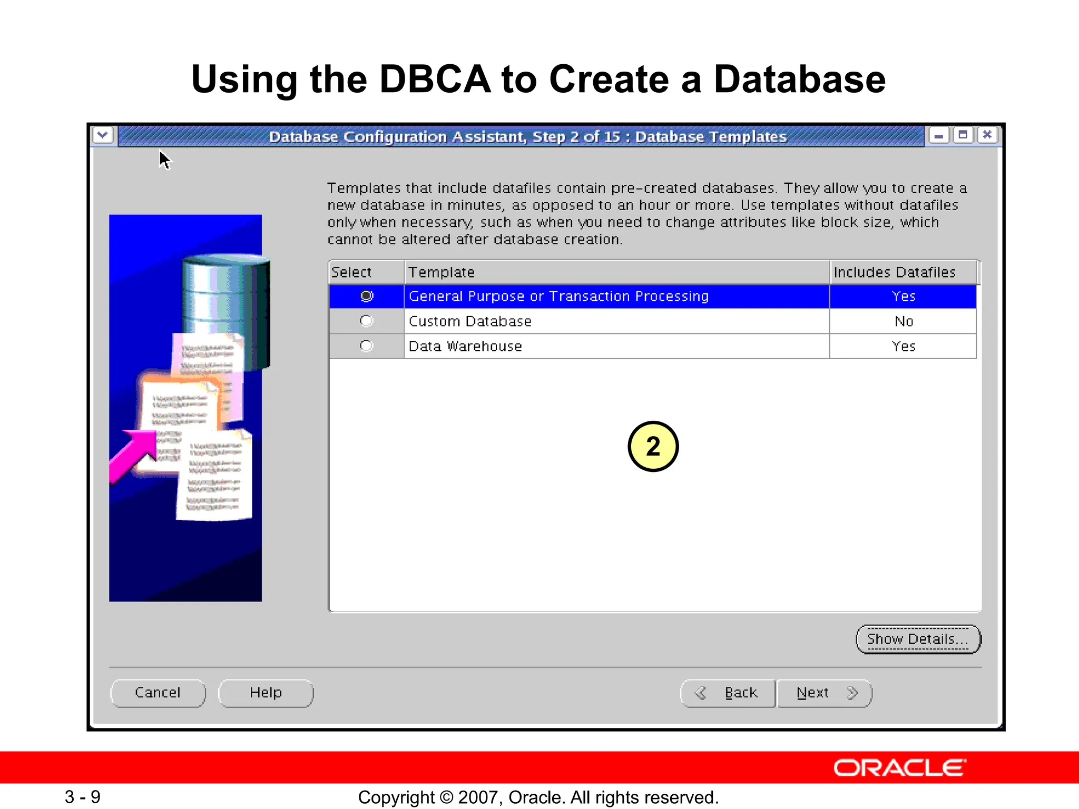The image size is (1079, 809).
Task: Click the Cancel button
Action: pos(158,693)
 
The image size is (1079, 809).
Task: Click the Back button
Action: pos(728,693)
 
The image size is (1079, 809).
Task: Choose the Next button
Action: pos(824,693)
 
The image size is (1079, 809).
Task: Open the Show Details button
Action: pos(918,639)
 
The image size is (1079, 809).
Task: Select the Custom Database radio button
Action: pos(366,321)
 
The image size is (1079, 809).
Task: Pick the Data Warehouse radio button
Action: pos(366,346)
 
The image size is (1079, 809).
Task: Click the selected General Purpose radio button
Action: pos(367,296)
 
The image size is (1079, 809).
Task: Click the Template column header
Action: pos(442,272)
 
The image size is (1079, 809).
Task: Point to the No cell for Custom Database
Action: pos(904,321)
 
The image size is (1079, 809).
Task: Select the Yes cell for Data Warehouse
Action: pos(904,346)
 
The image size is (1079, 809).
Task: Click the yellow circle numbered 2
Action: pos(653,446)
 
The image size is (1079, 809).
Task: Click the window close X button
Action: pos(987,135)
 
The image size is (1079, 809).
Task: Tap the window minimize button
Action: pos(938,135)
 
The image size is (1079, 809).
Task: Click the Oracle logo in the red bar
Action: pos(899,768)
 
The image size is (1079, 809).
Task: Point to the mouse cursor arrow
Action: pos(164,160)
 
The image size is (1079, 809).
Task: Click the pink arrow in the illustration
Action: pos(134,453)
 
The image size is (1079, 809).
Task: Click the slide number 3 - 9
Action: pos(83,797)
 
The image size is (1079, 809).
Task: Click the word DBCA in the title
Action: pos(435,80)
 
